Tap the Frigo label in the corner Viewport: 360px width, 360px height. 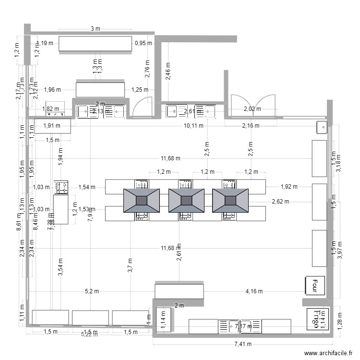[316, 318]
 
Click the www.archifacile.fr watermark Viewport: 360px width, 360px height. [324, 353]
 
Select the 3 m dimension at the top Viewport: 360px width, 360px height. [95, 29]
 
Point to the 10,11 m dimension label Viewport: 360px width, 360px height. [194, 126]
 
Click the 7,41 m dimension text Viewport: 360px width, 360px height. [242, 344]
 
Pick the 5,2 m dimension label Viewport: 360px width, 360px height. [92, 291]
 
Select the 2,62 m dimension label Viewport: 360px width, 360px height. [280, 202]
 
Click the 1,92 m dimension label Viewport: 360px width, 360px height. [289, 187]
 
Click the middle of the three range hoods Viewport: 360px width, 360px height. [186, 200]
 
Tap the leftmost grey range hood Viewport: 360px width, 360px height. [142, 200]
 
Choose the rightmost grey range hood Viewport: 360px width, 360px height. [230, 200]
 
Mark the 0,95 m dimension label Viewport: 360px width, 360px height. [143, 43]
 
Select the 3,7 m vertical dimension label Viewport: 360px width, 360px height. [130, 265]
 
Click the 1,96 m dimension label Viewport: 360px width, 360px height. [52, 89]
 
